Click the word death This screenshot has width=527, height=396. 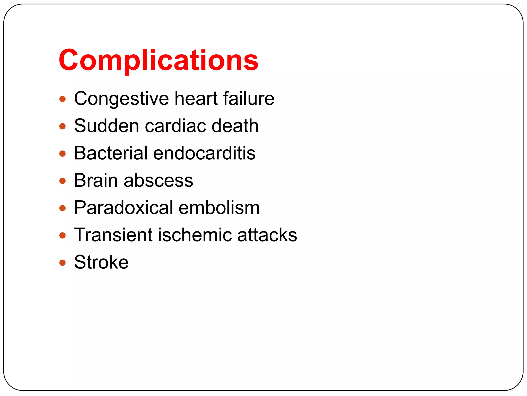235,126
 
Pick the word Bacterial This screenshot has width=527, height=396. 111,153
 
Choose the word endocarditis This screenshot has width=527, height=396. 204,153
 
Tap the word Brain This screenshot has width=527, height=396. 96,180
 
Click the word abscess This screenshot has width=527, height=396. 158,181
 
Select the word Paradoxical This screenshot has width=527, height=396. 124,208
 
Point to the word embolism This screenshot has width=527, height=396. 219,208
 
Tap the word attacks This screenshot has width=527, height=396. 267,235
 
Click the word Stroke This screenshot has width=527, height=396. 101,262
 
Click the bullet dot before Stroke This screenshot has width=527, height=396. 63,263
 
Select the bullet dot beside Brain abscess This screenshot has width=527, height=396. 63,181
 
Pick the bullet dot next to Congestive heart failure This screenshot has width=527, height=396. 63,99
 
